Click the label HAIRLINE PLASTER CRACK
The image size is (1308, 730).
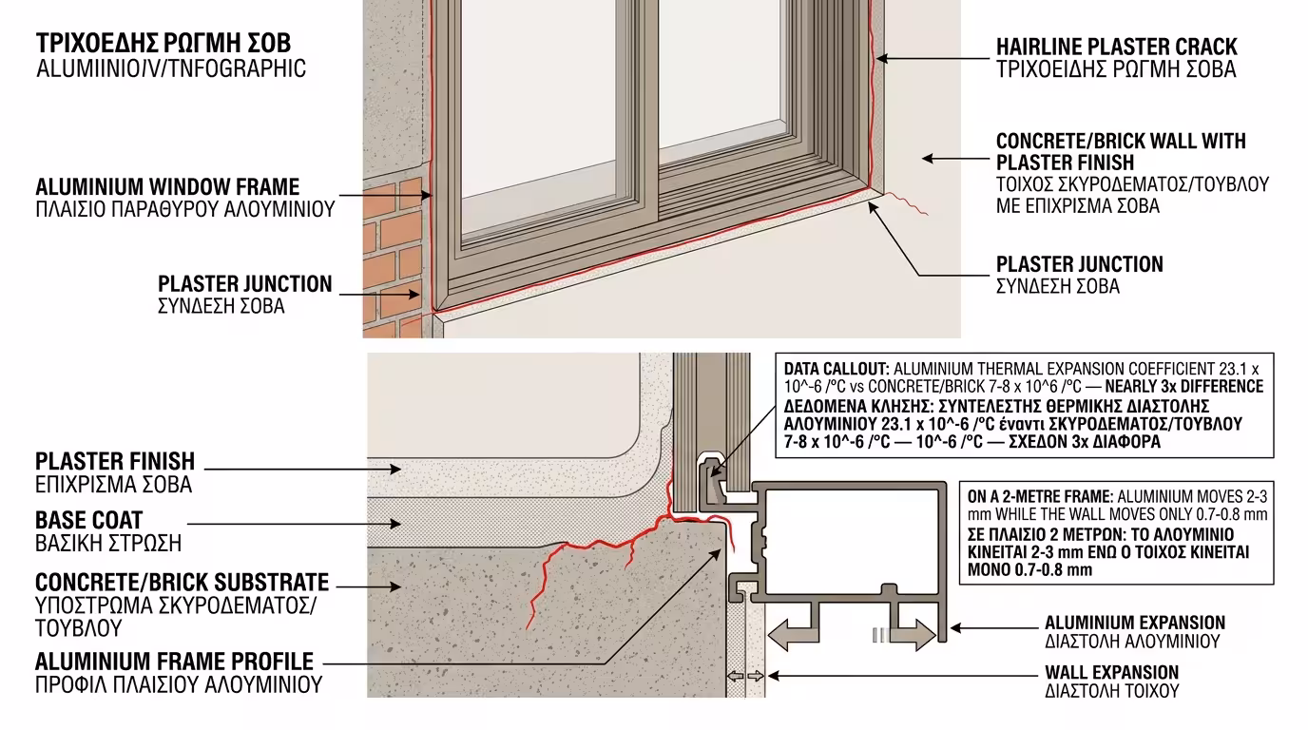(x=1116, y=47)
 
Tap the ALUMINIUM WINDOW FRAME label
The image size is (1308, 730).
(x=167, y=187)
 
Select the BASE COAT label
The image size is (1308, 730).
(x=88, y=521)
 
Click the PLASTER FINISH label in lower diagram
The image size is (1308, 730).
(x=115, y=462)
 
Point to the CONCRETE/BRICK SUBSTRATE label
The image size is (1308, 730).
(x=182, y=582)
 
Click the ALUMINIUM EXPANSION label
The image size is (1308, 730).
(x=1134, y=623)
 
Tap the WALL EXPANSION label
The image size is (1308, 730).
(x=1111, y=673)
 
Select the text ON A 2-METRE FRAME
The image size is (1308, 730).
(x=1040, y=496)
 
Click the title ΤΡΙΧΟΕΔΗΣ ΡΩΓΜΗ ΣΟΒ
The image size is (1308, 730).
(x=163, y=44)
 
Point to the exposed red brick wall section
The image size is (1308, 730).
(x=392, y=257)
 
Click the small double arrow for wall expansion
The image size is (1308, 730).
(x=745, y=676)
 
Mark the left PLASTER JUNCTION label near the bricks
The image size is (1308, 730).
(x=244, y=284)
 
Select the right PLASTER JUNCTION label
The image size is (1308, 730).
(x=1079, y=264)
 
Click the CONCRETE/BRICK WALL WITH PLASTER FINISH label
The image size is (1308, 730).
(x=1120, y=152)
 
